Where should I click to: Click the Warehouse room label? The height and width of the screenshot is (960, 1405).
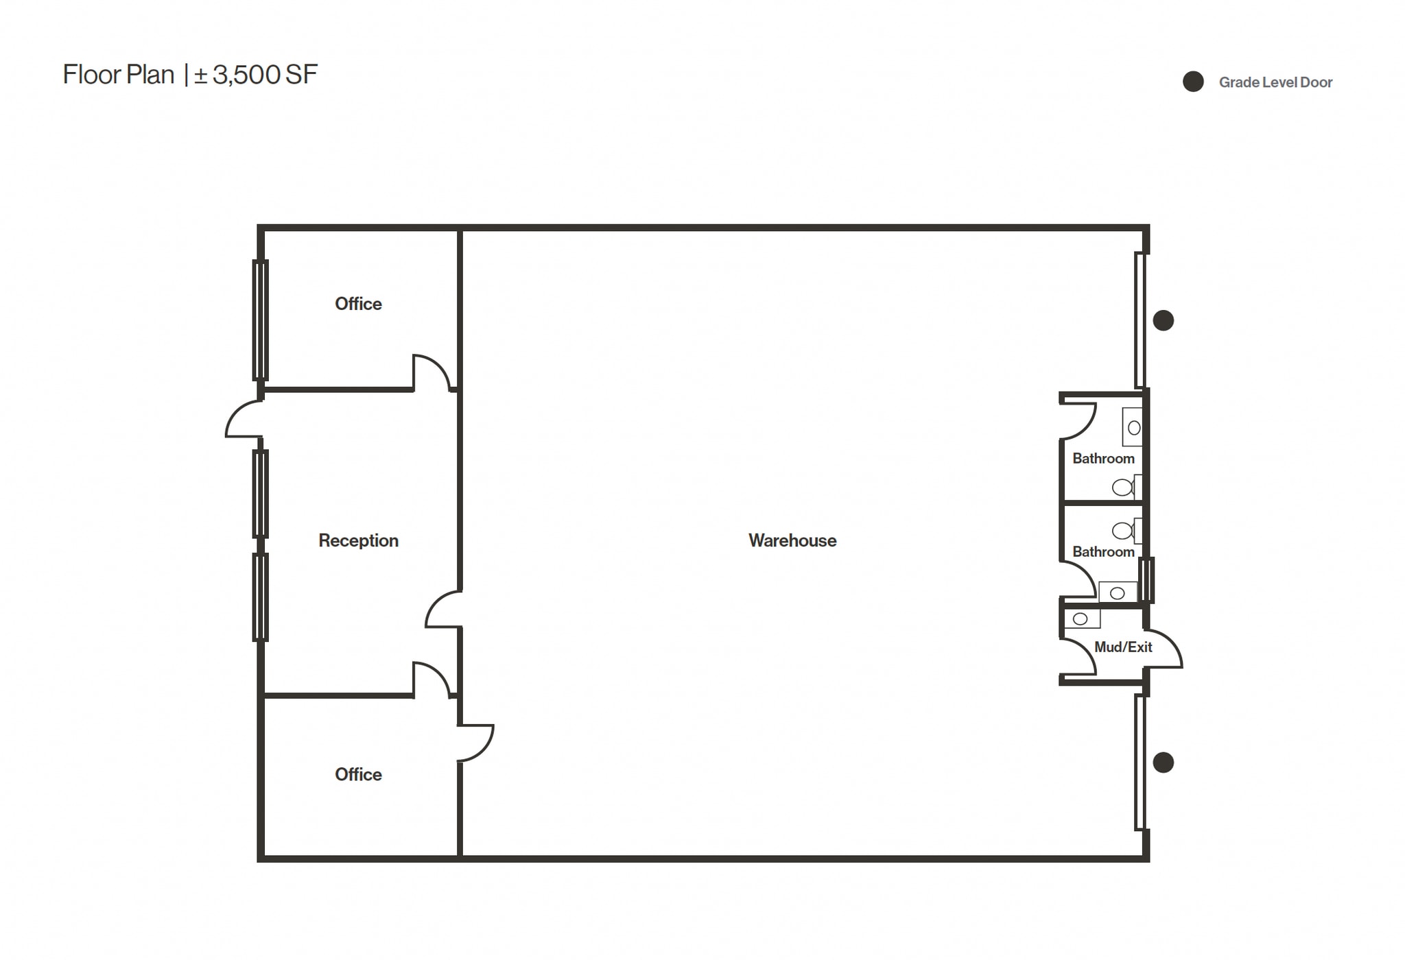(x=792, y=540)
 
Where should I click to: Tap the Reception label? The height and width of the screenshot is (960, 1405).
(x=358, y=540)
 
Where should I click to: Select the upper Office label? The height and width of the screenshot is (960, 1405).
(x=358, y=304)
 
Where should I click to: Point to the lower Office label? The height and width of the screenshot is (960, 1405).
(x=358, y=774)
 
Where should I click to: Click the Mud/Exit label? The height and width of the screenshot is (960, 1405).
(x=1123, y=647)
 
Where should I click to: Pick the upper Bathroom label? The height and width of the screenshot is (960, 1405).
(x=1103, y=458)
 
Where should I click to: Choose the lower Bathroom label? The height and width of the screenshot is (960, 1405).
(x=1103, y=551)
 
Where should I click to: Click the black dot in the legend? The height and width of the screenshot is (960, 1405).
(x=1193, y=82)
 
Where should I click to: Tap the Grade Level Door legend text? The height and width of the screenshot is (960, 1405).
(x=1275, y=82)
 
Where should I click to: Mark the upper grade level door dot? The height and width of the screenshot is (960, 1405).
(x=1163, y=320)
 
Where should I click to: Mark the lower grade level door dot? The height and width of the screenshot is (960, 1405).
(x=1163, y=763)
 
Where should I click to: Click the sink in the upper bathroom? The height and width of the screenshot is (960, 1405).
(x=1133, y=428)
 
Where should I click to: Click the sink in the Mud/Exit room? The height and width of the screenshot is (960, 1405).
(x=1081, y=619)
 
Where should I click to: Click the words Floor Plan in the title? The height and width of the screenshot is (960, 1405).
(x=118, y=75)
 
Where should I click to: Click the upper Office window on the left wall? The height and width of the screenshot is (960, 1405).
(x=260, y=320)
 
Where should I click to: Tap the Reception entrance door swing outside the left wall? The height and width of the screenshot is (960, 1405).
(x=242, y=420)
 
